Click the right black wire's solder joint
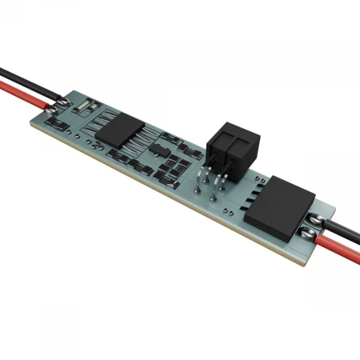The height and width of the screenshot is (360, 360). click(x=319, y=214)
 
